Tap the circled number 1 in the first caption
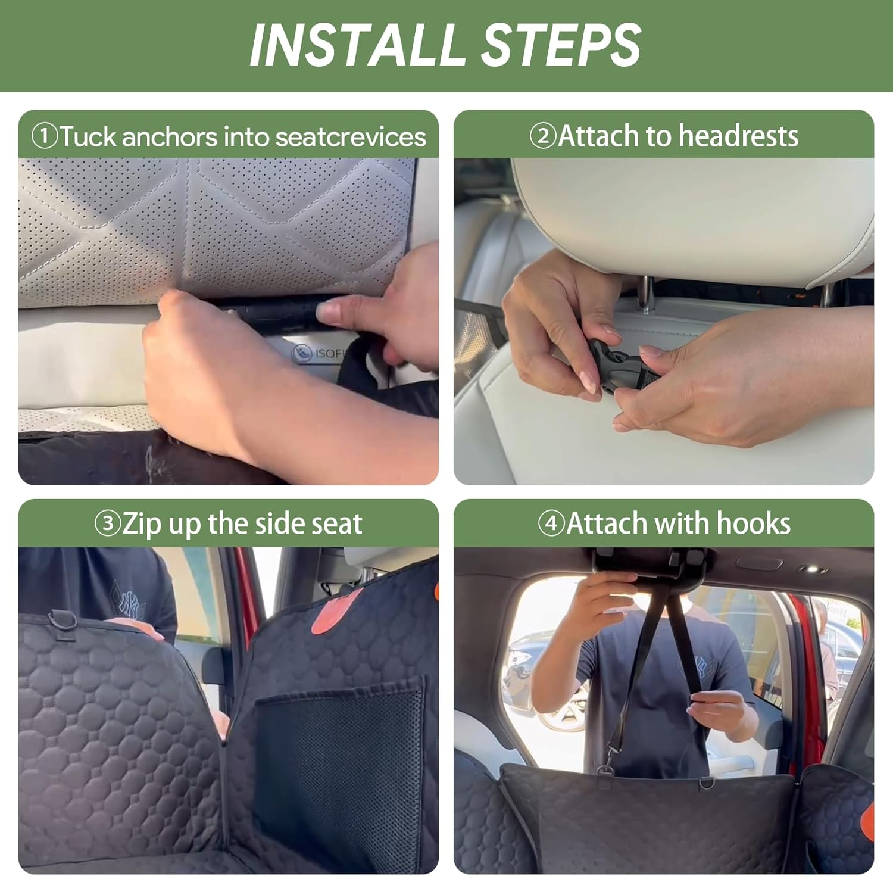[x=44, y=136]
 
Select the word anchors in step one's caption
[x=170, y=136]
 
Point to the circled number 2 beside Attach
[x=542, y=136]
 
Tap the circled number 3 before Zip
[x=108, y=523]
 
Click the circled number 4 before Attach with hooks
[x=551, y=523]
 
